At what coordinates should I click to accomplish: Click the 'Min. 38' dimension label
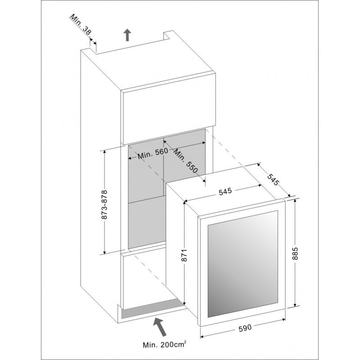81,25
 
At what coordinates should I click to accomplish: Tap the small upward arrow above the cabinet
127,35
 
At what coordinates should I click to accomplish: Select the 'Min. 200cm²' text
164,344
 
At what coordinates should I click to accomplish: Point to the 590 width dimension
245,328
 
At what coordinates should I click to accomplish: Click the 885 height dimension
296,253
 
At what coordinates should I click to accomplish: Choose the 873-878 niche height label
105,204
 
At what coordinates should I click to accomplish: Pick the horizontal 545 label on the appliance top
225,191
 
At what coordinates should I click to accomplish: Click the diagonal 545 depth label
273,179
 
